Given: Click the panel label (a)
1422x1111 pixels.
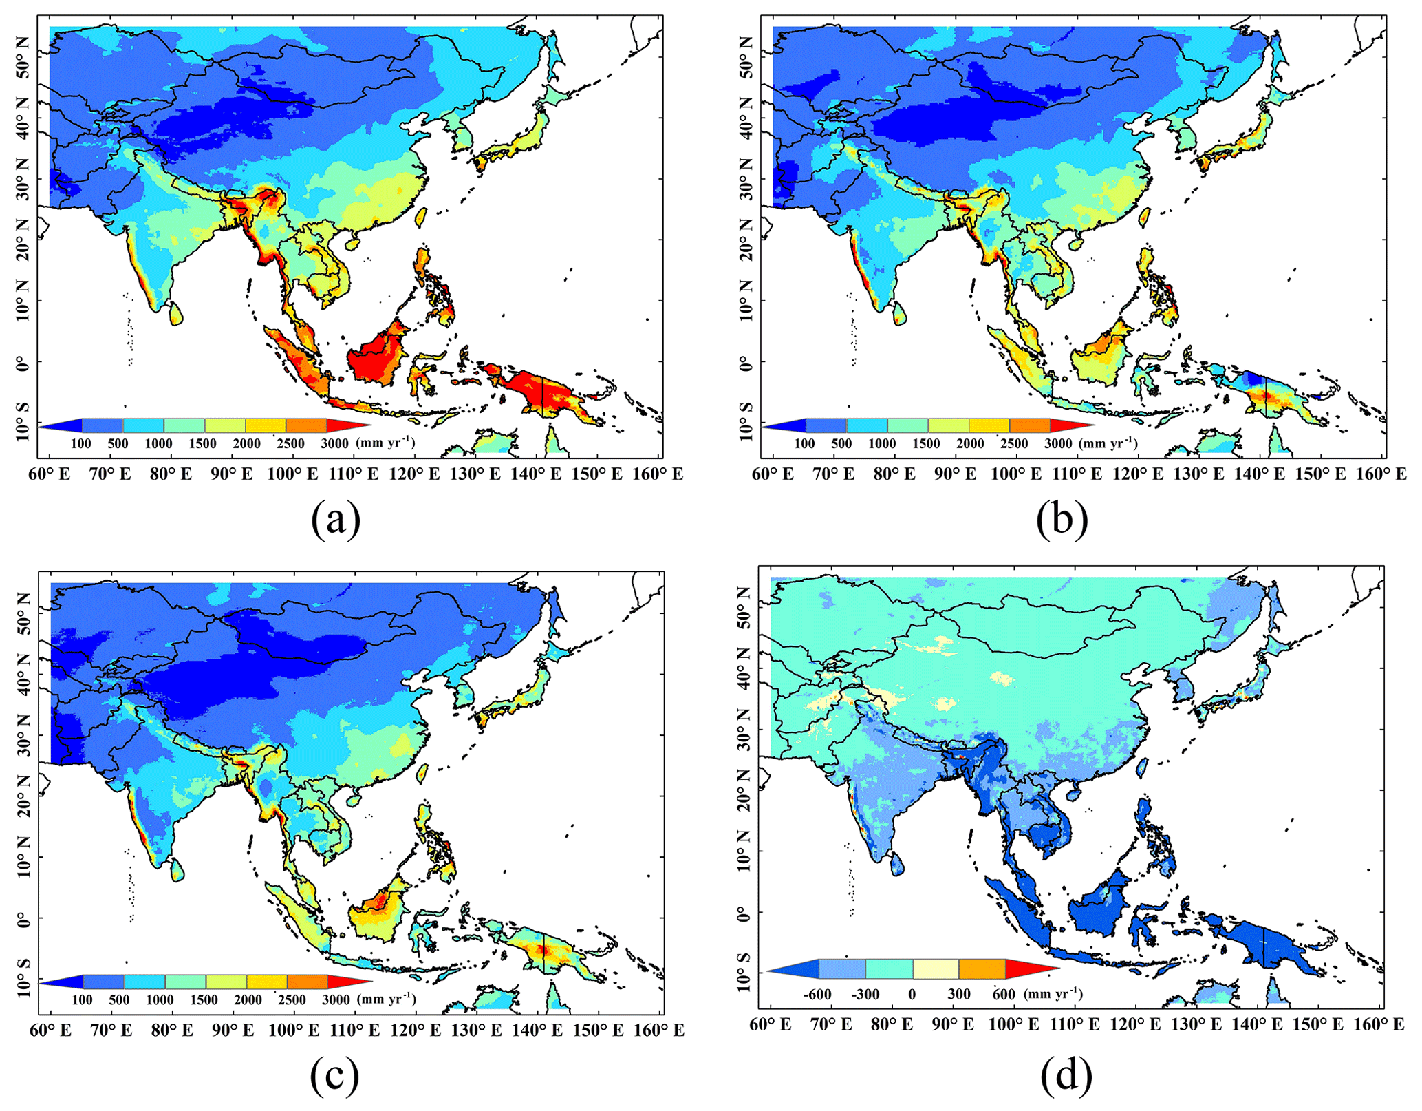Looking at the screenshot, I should pos(336,520).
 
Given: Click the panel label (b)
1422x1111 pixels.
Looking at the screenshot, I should pos(1062,520).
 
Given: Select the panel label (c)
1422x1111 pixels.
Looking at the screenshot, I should pos(334,1077).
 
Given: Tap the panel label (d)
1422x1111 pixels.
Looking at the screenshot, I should pos(1066,1077).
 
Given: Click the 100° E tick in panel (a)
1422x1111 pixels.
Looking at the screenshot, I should pos(294,474).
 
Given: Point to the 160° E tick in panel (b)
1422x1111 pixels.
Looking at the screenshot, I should pos(1381,474).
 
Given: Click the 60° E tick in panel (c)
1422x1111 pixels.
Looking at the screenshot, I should pos(51,1030).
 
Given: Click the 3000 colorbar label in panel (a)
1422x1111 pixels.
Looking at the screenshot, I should pos(335,444).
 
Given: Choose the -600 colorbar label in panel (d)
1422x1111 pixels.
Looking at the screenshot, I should pos(817,995).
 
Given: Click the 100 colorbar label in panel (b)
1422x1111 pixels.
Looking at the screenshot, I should pos(804,444).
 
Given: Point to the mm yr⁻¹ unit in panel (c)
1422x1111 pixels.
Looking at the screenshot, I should pos(386,999).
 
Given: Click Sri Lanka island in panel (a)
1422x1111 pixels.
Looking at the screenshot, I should pos(177,314).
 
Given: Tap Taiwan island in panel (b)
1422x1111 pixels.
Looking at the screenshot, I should pos(1145,218).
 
